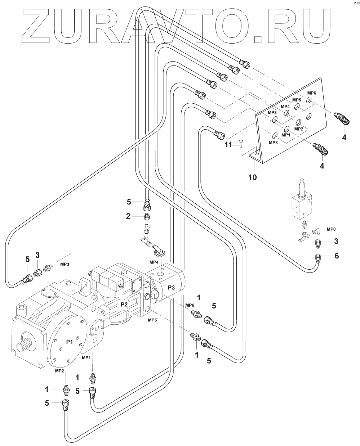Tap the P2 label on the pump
(124, 304)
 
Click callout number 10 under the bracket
(253, 177)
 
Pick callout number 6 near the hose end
(337, 256)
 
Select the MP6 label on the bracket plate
(312, 93)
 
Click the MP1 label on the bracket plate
(286, 135)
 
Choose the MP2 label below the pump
(59, 370)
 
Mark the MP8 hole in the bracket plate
(275, 136)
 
